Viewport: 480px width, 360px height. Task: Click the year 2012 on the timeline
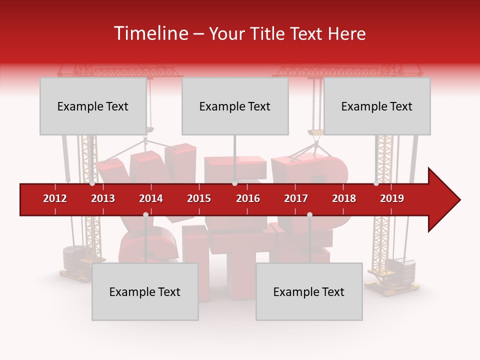coord(55,198)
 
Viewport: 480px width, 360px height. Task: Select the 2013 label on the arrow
coord(103,198)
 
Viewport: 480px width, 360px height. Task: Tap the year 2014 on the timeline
coord(151,198)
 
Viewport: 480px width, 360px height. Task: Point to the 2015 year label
coord(199,198)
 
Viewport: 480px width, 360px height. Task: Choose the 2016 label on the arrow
coord(248,198)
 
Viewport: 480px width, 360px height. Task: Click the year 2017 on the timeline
coord(296,198)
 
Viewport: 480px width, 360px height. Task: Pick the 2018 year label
coord(344,198)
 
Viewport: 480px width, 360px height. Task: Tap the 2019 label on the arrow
coord(392,198)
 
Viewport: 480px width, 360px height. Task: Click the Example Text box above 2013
coord(93,106)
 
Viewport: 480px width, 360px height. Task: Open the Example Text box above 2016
coord(235,106)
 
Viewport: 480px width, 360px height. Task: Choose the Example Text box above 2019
coord(377,106)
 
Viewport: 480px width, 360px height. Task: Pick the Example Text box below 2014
coord(145,291)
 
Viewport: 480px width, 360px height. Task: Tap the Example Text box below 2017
coord(309,291)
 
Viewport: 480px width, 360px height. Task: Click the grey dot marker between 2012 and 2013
coord(92,183)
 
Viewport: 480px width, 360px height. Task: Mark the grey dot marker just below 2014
coord(145,214)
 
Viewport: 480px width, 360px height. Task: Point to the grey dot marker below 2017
coord(309,214)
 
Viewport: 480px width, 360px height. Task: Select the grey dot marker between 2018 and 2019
coord(376,183)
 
